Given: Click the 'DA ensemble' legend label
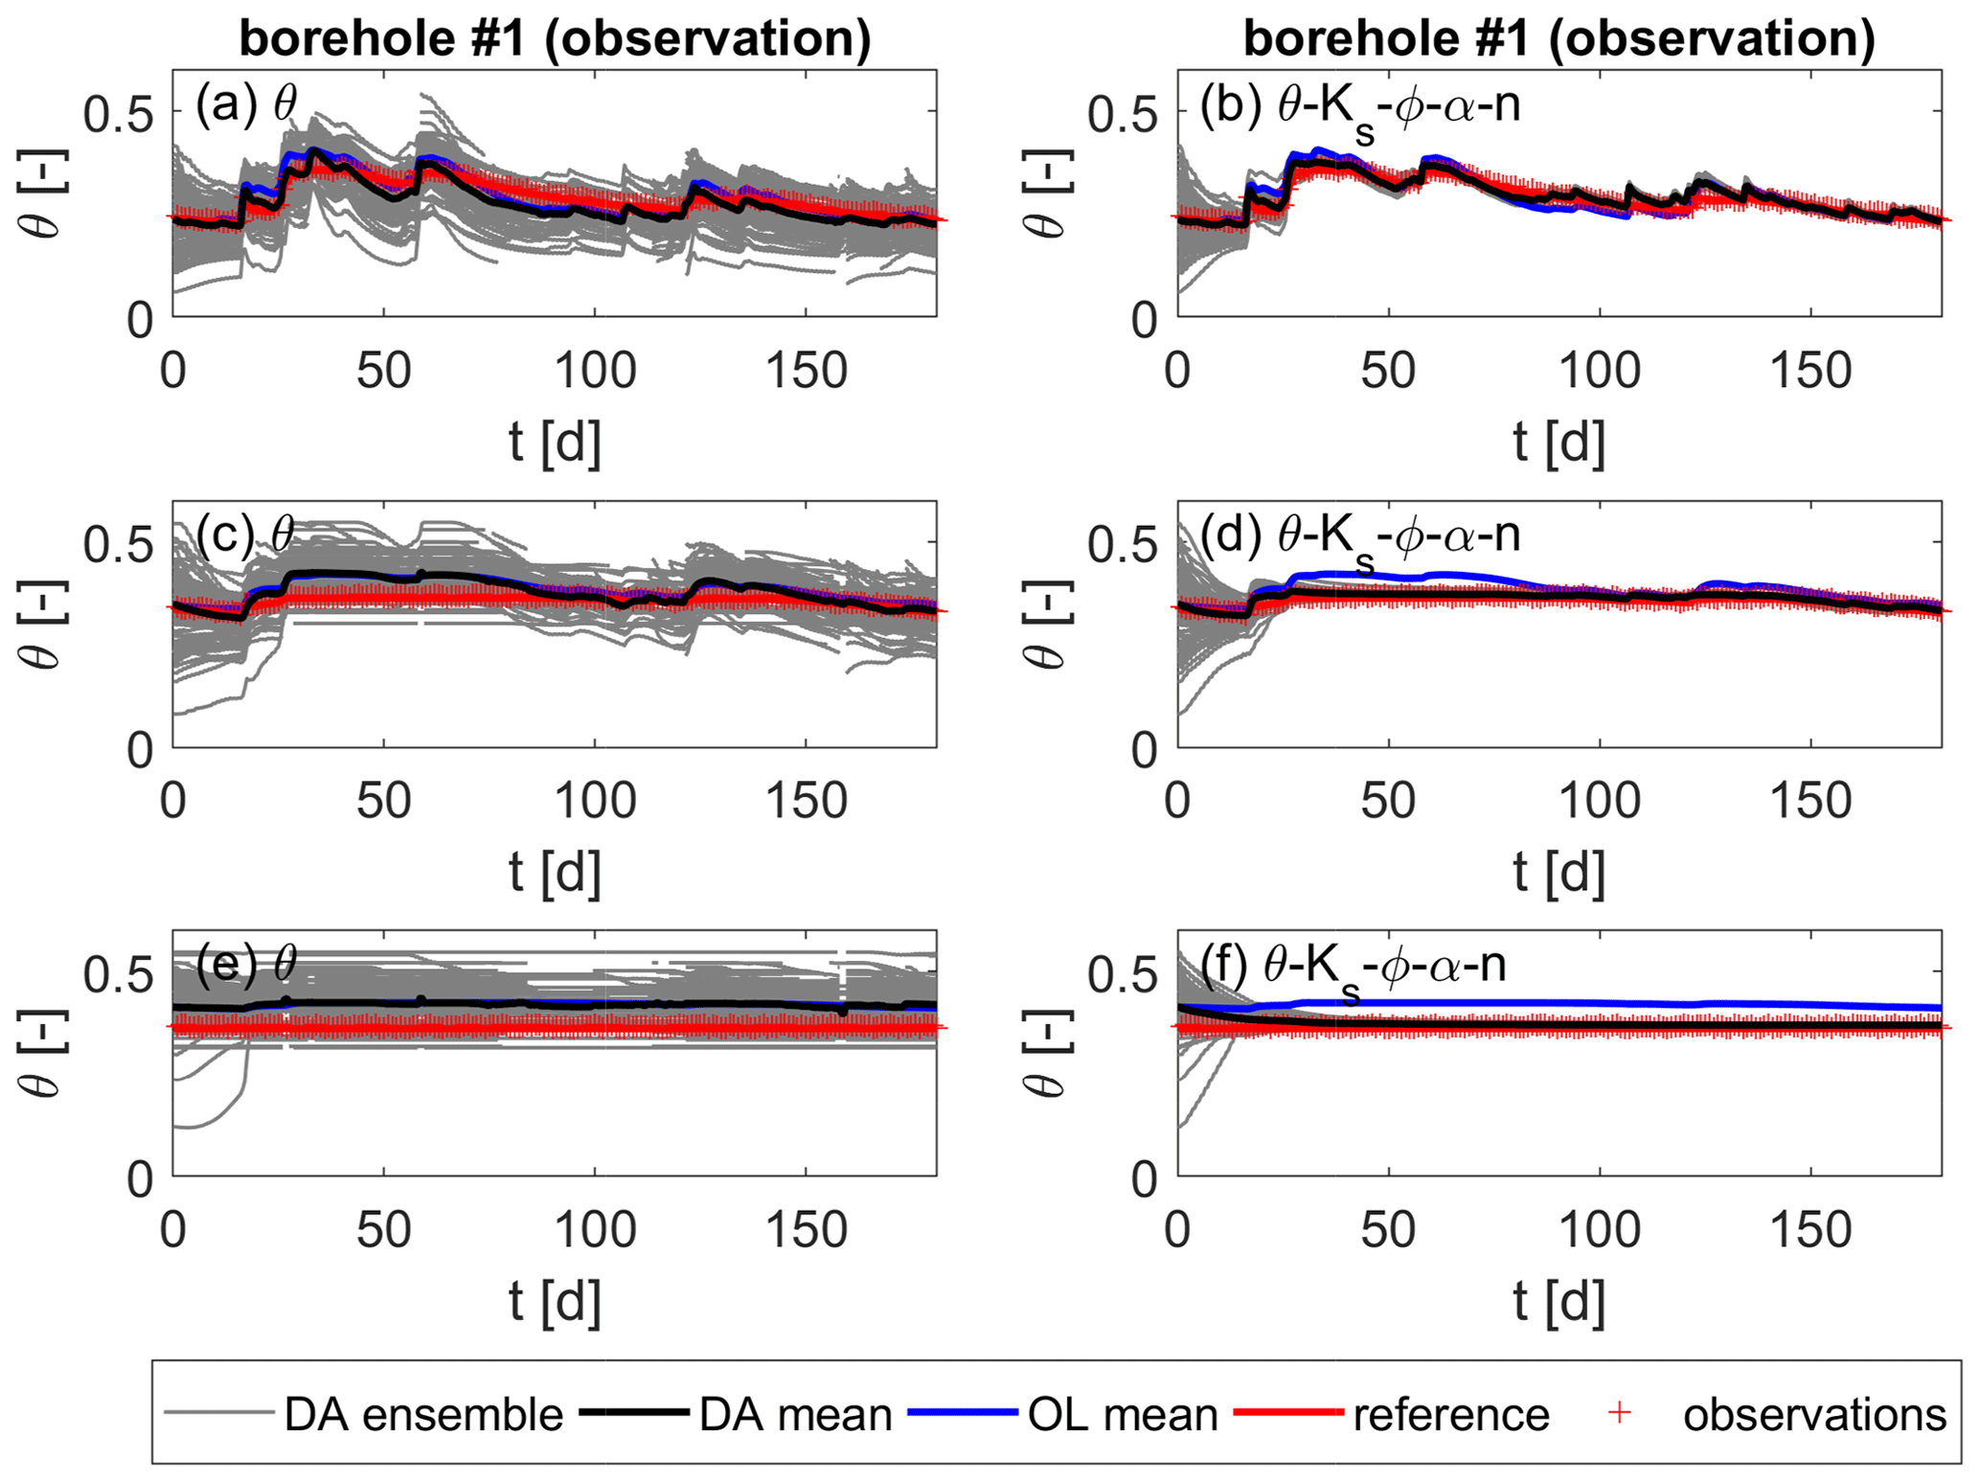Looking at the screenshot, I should coord(423,1415).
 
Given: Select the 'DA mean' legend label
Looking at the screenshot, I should coord(795,1415).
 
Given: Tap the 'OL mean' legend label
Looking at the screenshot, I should coord(1123,1415).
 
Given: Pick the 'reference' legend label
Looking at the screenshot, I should coord(1450,1415).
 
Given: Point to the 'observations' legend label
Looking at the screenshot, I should coord(1814,1415).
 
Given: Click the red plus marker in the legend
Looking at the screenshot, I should coord(1619,1413).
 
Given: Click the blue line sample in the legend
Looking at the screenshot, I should coord(961,1413).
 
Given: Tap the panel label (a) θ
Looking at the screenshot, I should coord(246,103).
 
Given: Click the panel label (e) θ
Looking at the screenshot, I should coord(246,963).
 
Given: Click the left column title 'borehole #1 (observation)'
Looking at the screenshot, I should coord(555,39).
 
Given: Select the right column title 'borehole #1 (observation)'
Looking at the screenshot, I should coord(1559,39).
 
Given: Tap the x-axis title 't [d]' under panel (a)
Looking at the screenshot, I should coord(555,443).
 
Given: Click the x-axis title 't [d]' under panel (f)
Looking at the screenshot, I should coord(1559,1302).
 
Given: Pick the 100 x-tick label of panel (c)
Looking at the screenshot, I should coord(595,801).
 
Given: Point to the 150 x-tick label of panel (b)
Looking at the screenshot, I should coord(1810,371).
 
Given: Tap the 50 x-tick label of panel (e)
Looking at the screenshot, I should coord(383,1230).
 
